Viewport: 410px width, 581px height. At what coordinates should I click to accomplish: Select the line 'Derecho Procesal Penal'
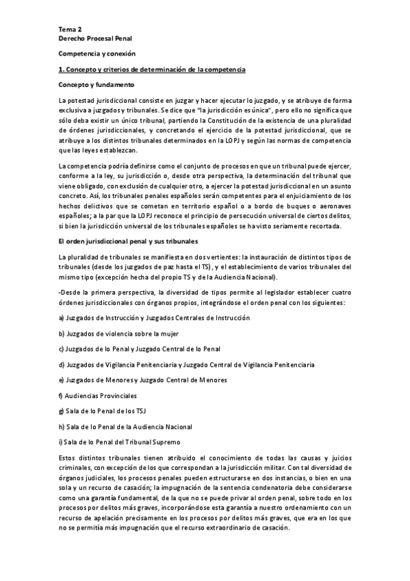point(97,40)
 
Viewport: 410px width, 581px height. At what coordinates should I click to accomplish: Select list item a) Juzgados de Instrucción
point(144,318)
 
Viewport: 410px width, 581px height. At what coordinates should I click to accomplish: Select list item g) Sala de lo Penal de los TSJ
point(103,410)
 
